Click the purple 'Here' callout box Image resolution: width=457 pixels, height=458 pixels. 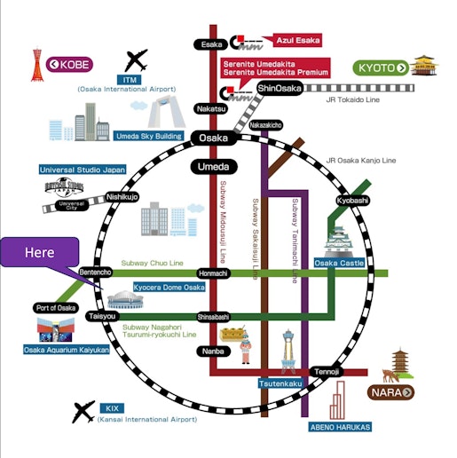39,252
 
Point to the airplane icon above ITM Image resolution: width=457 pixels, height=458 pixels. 137,60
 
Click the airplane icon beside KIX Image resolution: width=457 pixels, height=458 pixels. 84,411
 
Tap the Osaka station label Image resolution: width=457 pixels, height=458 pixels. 213,138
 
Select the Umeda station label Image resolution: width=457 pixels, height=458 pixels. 213,167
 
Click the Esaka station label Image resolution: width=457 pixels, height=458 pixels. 211,43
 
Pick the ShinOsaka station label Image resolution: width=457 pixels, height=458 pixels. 280,89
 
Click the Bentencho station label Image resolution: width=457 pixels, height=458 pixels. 95,272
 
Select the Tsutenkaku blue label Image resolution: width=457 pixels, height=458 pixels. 282,383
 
